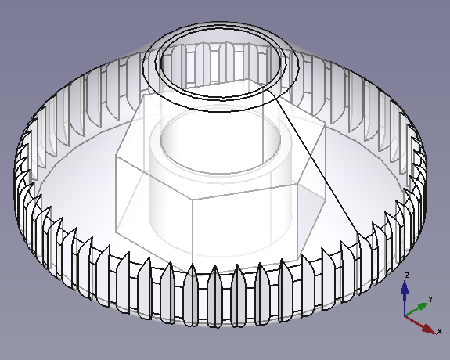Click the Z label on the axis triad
point(408,275)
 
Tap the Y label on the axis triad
point(430,299)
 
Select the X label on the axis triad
point(440,331)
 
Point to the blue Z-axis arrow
point(405,294)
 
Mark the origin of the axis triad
point(405,315)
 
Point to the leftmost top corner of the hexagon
point(116,156)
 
